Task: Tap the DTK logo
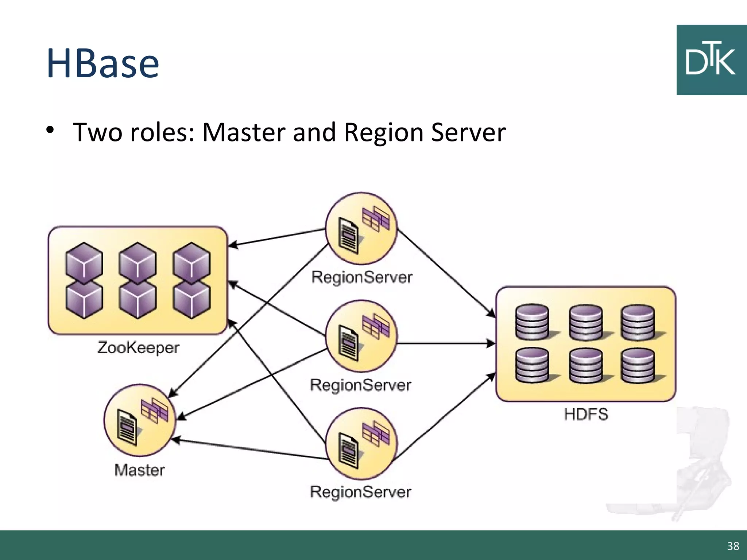click(711, 60)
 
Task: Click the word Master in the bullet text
click(244, 132)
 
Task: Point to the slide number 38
click(733, 546)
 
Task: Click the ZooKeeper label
click(138, 347)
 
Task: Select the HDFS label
click(586, 415)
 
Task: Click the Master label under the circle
click(139, 470)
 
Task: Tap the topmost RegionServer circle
click(361, 229)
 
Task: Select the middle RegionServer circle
click(361, 336)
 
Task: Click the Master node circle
click(140, 420)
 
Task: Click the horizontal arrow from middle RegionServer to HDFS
click(445, 343)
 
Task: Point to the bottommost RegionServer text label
click(361, 492)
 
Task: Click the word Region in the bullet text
click(383, 132)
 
